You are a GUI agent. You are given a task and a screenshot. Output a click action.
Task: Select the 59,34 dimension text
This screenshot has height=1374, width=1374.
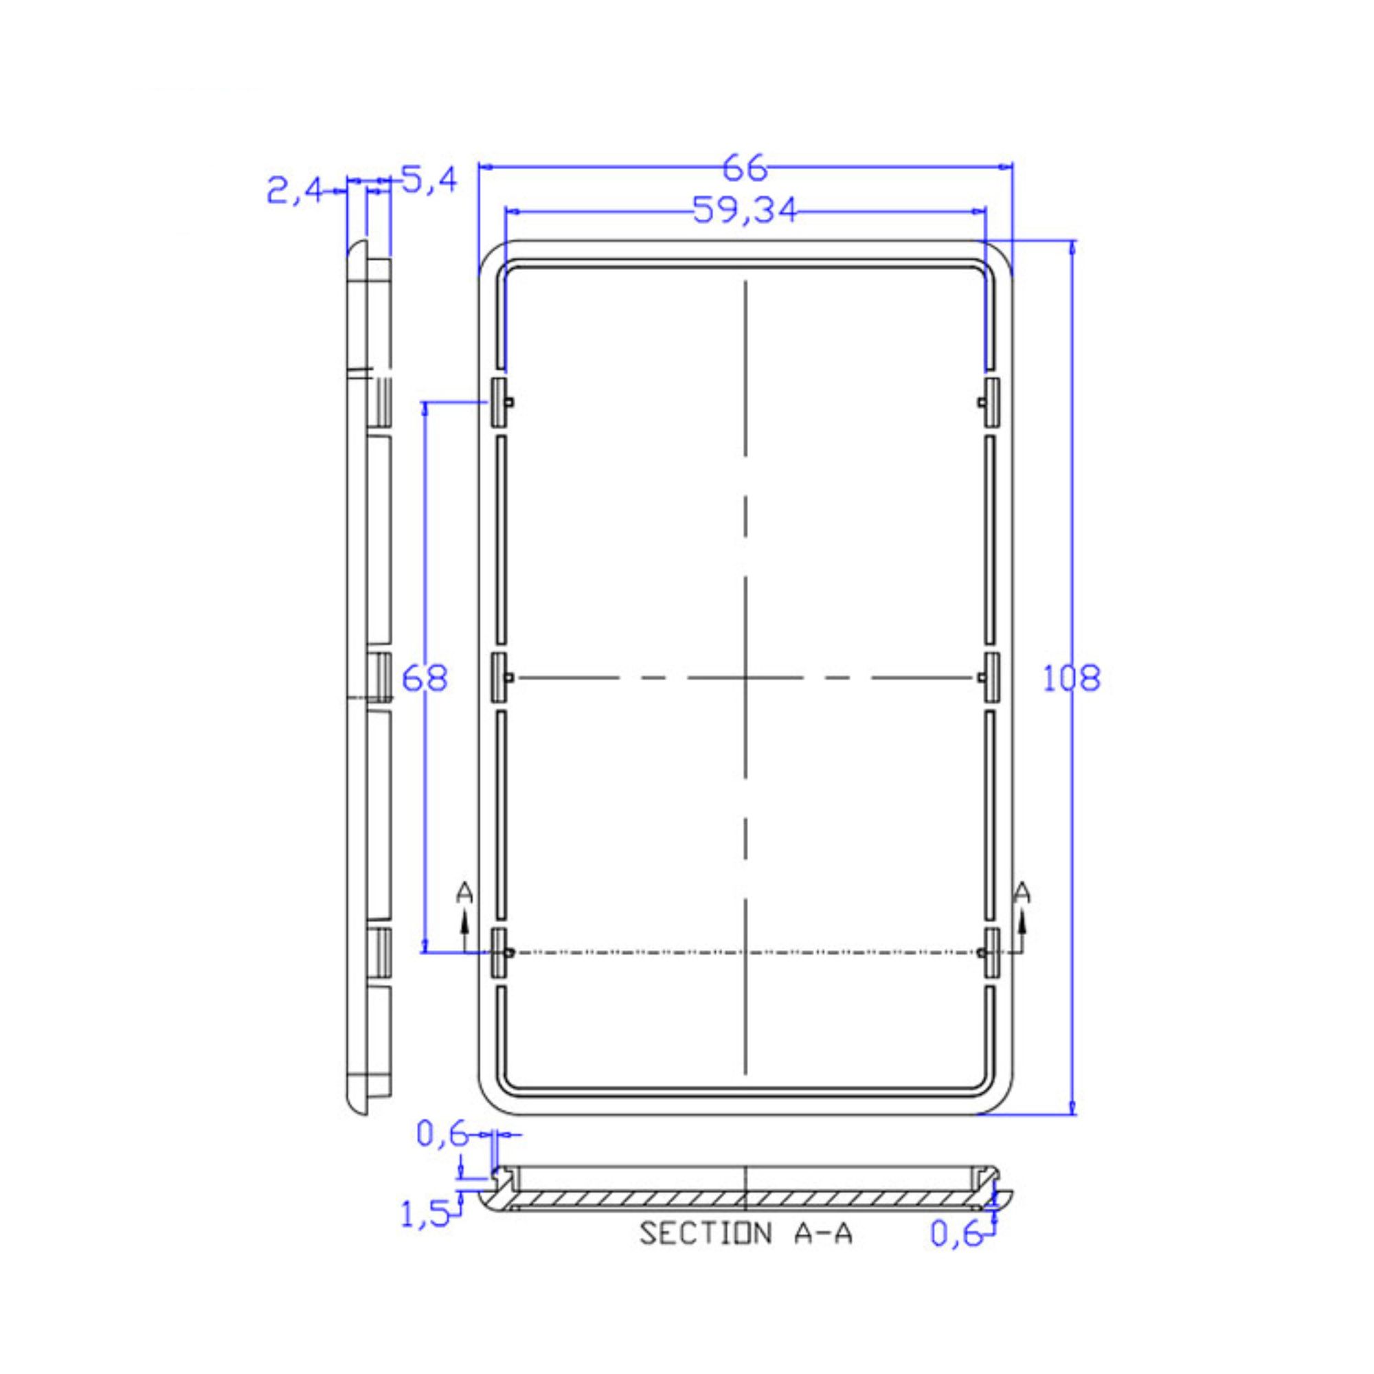[745, 210]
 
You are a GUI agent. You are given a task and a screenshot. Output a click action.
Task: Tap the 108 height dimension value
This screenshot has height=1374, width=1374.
[1071, 678]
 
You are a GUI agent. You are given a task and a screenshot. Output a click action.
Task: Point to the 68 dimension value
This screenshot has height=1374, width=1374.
[425, 678]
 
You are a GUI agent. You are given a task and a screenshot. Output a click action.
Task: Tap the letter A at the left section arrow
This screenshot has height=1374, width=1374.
[464, 892]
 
